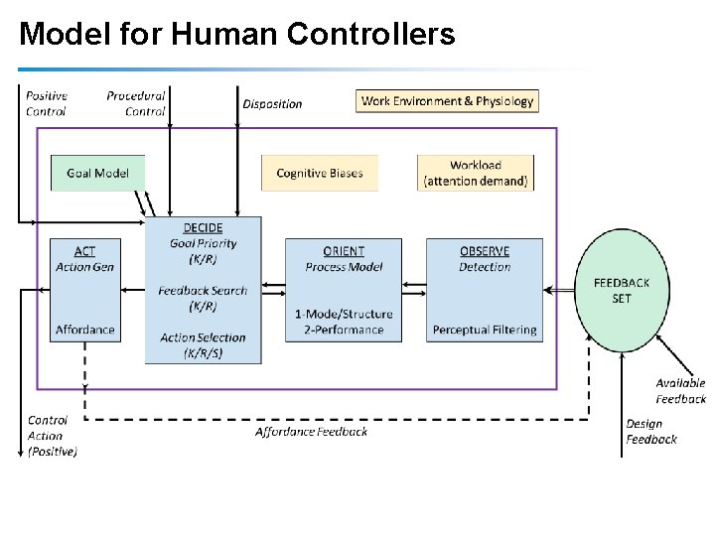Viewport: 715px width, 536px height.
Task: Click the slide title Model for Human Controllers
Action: [x=236, y=35]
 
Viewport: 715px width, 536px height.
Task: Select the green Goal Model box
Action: [x=97, y=173]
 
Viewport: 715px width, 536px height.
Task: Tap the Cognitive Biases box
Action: [x=320, y=173]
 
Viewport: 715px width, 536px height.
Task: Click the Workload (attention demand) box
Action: [x=475, y=173]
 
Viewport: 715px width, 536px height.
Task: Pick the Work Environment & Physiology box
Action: [x=447, y=100]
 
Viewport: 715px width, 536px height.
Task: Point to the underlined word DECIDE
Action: [x=203, y=228]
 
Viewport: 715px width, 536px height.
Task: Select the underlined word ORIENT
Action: [x=344, y=251]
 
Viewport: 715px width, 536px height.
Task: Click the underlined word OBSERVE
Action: [x=485, y=251]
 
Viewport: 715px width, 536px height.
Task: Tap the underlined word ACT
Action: [x=85, y=251]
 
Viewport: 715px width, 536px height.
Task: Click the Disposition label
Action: [x=272, y=103]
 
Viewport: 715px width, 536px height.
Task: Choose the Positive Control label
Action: [x=46, y=103]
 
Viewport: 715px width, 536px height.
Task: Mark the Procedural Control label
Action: [x=136, y=103]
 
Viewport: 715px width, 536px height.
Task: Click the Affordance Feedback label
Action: [x=311, y=431]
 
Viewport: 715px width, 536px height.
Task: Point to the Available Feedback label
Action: [x=680, y=391]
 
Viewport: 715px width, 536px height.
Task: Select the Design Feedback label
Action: [x=651, y=432]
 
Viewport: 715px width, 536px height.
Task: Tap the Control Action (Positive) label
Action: [x=52, y=436]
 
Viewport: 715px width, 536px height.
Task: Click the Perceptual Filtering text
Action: [x=485, y=330]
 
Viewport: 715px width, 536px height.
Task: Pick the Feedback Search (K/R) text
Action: [x=203, y=298]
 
